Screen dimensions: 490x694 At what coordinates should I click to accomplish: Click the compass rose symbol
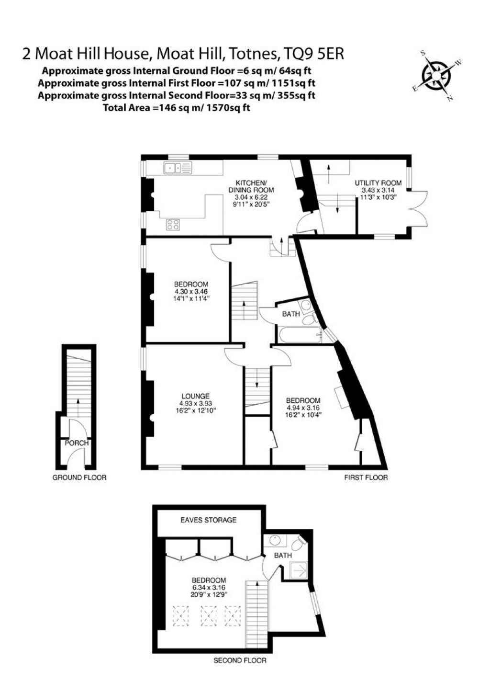pyautogui.click(x=436, y=76)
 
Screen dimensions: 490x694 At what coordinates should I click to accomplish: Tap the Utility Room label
pyautogui.click(x=378, y=183)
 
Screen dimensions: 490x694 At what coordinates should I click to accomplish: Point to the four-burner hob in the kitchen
pyautogui.click(x=173, y=224)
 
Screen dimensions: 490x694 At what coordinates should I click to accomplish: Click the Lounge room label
pyautogui.click(x=195, y=396)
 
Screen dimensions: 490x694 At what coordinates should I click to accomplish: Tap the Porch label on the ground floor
pyautogui.click(x=77, y=443)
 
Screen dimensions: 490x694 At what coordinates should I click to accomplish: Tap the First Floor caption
pyautogui.click(x=366, y=478)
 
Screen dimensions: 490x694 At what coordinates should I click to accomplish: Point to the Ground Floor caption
pyautogui.click(x=79, y=478)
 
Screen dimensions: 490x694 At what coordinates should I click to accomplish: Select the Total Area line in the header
pyautogui.click(x=177, y=108)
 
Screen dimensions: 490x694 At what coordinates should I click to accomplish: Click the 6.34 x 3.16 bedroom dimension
pyautogui.click(x=208, y=587)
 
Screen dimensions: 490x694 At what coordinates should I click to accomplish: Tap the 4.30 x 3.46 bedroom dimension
pyautogui.click(x=190, y=291)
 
